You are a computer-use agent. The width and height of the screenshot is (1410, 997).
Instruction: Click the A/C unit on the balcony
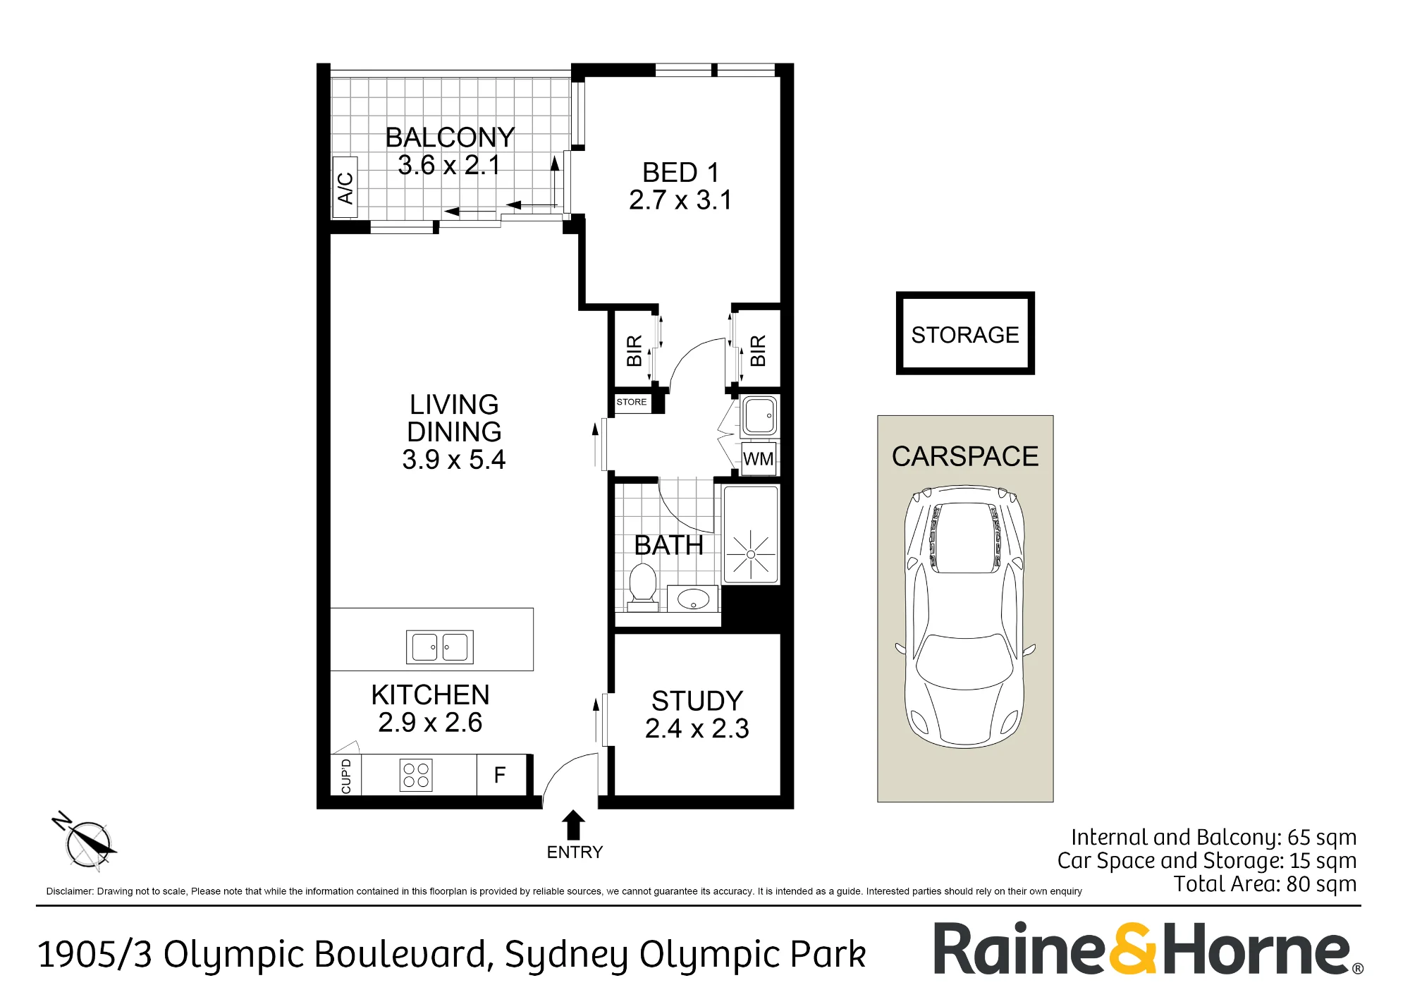point(345,187)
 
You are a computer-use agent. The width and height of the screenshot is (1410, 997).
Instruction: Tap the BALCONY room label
point(450,137)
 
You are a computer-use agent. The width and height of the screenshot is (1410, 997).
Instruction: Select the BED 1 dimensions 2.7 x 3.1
point(680,200)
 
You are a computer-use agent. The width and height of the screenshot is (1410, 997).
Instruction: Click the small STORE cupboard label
point(632,402)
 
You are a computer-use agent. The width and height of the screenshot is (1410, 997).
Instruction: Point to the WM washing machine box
point(759,459)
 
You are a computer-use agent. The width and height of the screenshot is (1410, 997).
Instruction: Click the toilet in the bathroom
point(642,587)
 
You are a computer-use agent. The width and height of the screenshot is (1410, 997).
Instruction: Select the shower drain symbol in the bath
point(751,554)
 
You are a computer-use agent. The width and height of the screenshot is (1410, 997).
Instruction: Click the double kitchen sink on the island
point(439,647)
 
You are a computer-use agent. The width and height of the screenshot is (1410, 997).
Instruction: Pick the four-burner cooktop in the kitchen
point(416,776)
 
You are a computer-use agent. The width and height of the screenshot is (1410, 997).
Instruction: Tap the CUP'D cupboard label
point(345,776)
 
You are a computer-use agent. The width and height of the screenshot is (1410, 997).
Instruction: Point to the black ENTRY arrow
point(574,825)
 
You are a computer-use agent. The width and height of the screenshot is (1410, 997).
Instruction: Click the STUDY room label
point(697,701)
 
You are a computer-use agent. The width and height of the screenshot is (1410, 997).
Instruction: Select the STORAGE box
point(965,334)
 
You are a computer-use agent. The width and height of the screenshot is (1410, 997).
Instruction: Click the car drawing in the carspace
point(965,616)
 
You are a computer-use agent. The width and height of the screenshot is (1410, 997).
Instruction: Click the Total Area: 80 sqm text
point(1265,883)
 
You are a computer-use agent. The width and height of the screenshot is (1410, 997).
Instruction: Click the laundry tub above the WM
point(759,416)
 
